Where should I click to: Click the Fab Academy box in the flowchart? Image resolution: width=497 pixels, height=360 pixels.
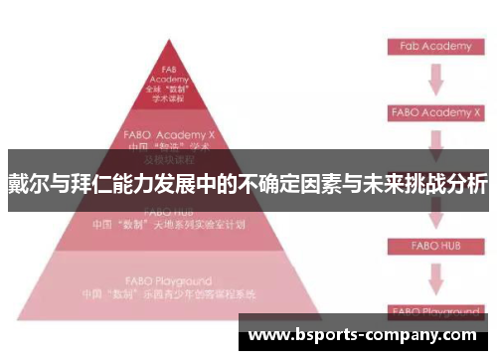[435, 47]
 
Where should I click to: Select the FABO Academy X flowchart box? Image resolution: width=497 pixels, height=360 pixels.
[435, 112]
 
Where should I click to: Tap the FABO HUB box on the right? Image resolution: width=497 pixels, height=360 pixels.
[435, 245]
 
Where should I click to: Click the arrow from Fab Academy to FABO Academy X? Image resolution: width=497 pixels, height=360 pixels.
[435, 80]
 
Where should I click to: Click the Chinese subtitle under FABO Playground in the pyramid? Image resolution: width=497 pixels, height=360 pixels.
[168, 295]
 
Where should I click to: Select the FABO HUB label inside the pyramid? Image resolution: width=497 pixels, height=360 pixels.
[168, 212]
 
